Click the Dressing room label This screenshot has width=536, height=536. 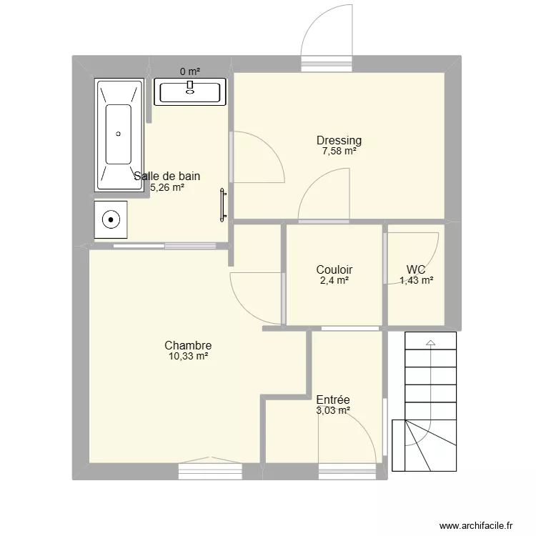(x=339, y=140)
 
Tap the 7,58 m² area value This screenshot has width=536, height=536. (x=339, y=152)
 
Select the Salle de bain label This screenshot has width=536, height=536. (x=167, y=176)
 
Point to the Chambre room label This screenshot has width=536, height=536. (x=187, y=345)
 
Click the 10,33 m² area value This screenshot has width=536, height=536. (x=188, y=357)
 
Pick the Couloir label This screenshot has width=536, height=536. (x=334, y=269)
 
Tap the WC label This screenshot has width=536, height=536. (x=416, y=269)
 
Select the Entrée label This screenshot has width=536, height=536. (x=332, y=399)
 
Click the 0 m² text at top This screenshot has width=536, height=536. (x=189, y=71)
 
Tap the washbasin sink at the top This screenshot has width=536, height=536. (x=190, y=92)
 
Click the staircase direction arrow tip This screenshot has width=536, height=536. (x=430, y=344)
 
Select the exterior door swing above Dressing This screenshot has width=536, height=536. (x=327, y=36)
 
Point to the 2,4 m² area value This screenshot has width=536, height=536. (x=334, y=281)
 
